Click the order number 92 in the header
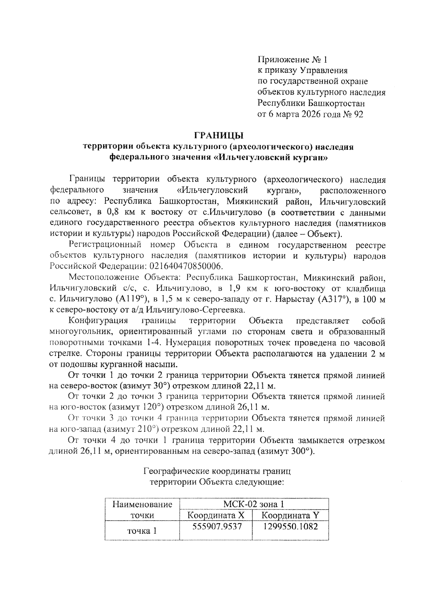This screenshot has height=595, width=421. [358, 114]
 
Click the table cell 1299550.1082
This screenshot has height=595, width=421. [290, 526]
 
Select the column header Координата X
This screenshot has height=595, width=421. [215, 515]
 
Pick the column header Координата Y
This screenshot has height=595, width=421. [290, 515]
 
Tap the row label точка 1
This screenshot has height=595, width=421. [142, 531]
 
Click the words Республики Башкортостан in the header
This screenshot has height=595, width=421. [311, 103]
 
